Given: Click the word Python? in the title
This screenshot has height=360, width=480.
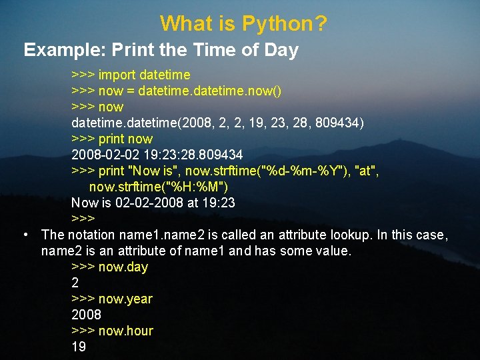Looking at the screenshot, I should click(x=285, y=24).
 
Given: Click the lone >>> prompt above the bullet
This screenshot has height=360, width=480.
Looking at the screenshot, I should click(x=83, y=219).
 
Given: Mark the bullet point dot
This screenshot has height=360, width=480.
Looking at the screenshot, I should click(x=25, y=235).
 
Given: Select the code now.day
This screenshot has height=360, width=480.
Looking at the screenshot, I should click(x=123, y=267).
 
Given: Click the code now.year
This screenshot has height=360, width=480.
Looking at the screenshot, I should click(x=125, y=299).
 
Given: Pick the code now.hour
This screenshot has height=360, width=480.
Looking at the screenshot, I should click(x=126, y=331).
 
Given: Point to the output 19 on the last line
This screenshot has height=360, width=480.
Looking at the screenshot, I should click(x=79, y=347).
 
